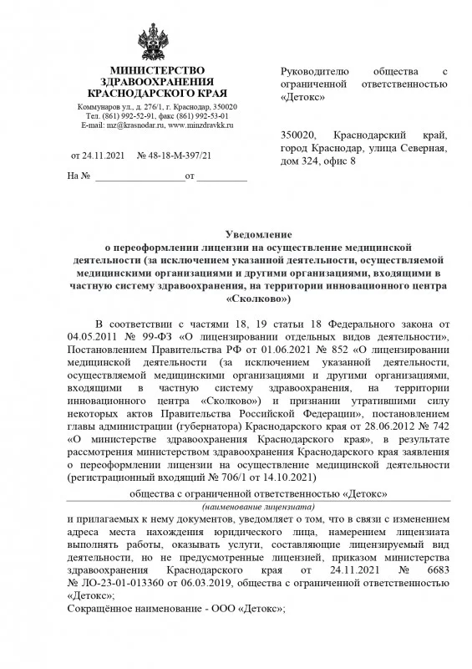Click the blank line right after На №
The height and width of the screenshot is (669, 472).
point(139,177)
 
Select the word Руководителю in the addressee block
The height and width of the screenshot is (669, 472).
point(312,73)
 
